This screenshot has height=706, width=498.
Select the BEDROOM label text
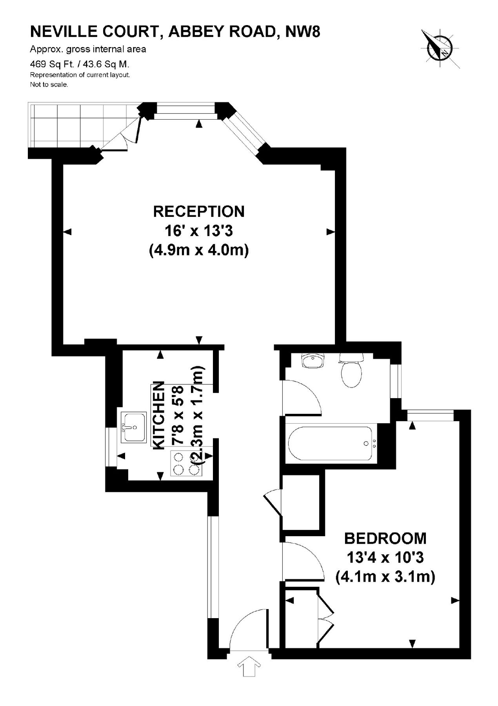point(385,538)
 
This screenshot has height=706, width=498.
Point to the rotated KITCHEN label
point(158,415)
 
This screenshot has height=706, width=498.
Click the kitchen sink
point(134,427)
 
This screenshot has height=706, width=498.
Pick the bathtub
point(332,443)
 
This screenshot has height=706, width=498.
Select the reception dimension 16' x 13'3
point(199,231)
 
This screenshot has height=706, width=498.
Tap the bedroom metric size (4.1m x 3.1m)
point(385,577)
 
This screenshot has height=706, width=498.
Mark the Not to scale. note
point(49,85)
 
